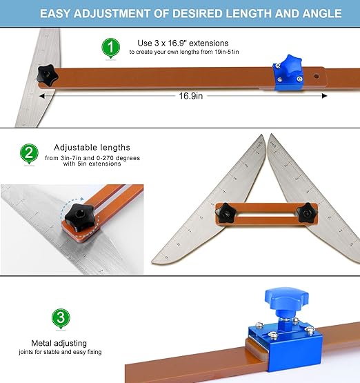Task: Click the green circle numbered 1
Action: point(108,47)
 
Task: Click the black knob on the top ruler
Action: point(47,75)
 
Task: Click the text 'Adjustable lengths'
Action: point(91,148)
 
